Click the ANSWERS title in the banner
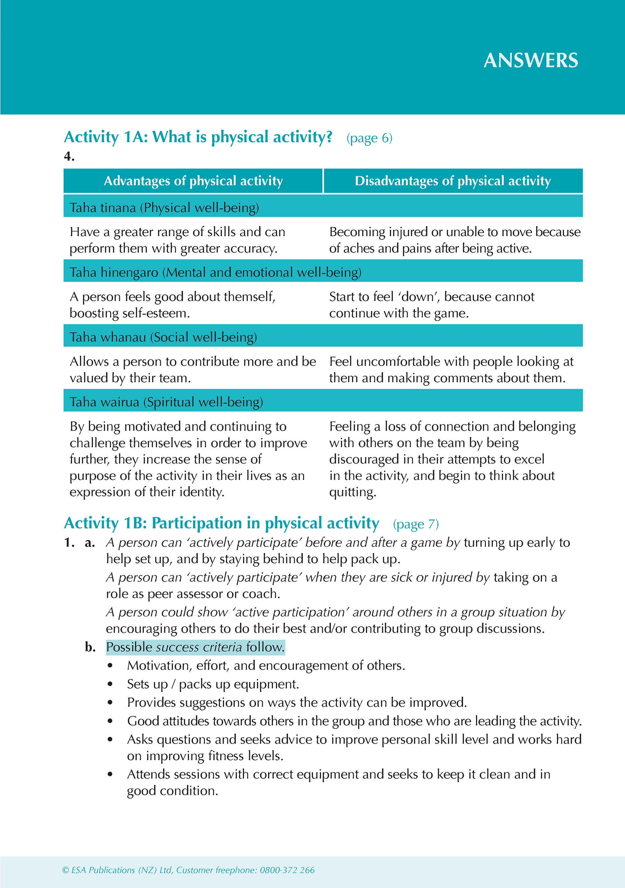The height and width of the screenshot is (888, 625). tap(531, 61)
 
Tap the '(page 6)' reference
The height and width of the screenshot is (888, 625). tap(369, 138)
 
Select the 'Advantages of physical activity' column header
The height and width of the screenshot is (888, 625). tap(193, 181)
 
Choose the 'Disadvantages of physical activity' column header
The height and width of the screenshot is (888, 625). tap(453, 181)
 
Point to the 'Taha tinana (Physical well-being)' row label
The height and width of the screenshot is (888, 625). tap(164, 208)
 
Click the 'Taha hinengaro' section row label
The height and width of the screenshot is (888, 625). tap(215, 272)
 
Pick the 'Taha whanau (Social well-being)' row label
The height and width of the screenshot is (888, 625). tap(163, 337)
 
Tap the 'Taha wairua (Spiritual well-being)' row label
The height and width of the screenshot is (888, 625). tap(166, 402)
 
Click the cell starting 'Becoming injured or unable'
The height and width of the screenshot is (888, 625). tap(454, 240)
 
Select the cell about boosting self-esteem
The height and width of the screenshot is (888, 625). tap(172, 305)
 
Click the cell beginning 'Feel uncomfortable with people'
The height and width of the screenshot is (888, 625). tap(451, 369)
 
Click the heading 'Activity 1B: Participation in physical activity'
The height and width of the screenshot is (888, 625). tap(221, 523)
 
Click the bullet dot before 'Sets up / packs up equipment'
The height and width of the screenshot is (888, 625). tap(110, 684)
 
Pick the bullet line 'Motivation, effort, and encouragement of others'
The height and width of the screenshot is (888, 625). tap(266, 666)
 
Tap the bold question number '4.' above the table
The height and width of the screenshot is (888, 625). tap(69, 156)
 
